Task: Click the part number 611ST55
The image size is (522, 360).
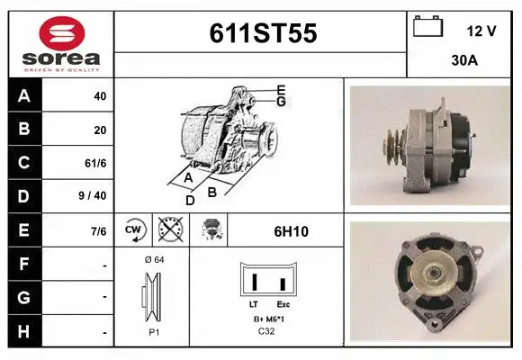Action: coord(262,33)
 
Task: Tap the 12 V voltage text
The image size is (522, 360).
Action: coord(481,31)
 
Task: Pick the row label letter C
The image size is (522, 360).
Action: coord(24,163)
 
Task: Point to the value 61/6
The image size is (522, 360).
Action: coord(95,163)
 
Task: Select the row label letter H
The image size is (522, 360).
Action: coord(24,332)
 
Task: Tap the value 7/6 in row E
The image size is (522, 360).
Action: coord(98,231)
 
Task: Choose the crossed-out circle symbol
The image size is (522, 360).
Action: coord(169,231)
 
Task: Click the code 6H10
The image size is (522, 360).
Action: coord(291,231)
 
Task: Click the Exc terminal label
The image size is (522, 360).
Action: coord(283,305)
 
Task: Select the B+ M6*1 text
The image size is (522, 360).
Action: coord(266,319)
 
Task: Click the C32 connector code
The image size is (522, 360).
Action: coord(266,332)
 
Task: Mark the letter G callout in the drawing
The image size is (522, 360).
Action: coord(281,102)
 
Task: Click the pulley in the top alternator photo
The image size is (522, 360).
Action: coord(392,144)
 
